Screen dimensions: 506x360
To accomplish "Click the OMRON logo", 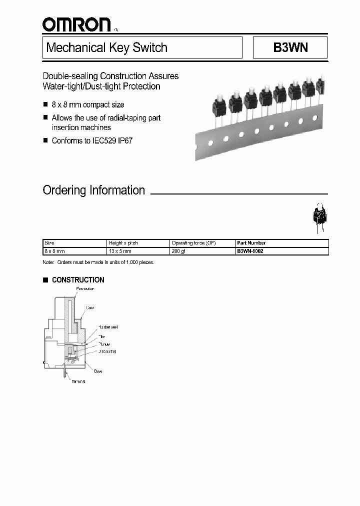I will tap(76, 24).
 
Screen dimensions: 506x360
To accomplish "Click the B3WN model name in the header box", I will tap(290, 48).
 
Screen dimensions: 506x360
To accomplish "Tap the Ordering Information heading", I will tap(94, 190).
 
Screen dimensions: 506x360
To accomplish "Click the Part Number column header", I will tap(251, 243).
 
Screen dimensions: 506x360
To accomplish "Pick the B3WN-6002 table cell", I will tap(250, 251).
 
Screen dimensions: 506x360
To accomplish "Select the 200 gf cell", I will tap(178, 251).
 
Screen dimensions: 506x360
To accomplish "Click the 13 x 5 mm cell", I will tap(119, 251).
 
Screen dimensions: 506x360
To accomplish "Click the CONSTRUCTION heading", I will tap(78, 280).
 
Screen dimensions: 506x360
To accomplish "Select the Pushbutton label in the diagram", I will tap(85, 289).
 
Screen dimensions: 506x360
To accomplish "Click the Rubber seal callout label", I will tap(108, 327).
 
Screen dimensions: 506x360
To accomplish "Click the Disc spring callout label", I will tap(107, 351).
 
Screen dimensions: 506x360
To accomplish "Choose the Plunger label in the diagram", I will tap(104, 344).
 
